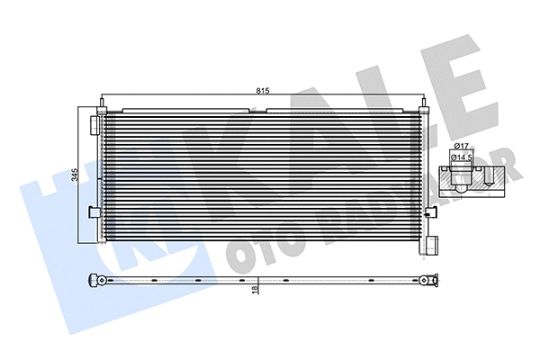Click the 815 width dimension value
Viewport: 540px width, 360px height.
262,90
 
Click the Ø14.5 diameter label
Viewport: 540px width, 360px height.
463,158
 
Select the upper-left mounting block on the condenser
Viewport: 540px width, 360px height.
96,121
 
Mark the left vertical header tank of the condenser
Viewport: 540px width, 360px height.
103,175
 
